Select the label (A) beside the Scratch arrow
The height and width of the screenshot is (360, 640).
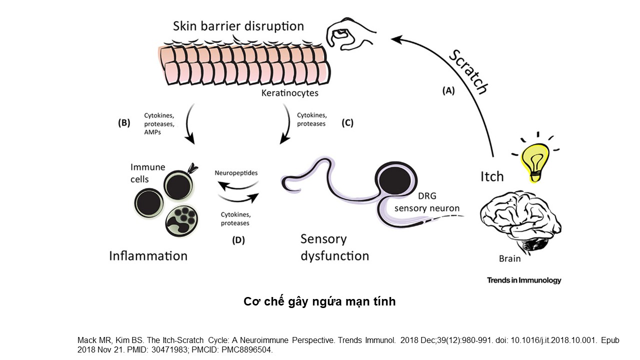(448, 90)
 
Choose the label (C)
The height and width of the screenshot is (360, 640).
(347, 122)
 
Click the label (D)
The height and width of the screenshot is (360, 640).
(238, 240)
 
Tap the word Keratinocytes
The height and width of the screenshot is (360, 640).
(289, 93)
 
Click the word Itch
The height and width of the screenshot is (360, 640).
(492, 176)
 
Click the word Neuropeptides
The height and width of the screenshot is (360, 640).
(236, 172)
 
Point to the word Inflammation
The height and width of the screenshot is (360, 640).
(148, 256)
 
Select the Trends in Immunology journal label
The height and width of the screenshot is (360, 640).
(524, 280)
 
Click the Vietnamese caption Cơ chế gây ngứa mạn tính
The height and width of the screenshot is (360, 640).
(319, 301)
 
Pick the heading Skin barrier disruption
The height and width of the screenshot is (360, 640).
(238, 25)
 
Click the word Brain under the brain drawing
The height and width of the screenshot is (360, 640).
(509, 258)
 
